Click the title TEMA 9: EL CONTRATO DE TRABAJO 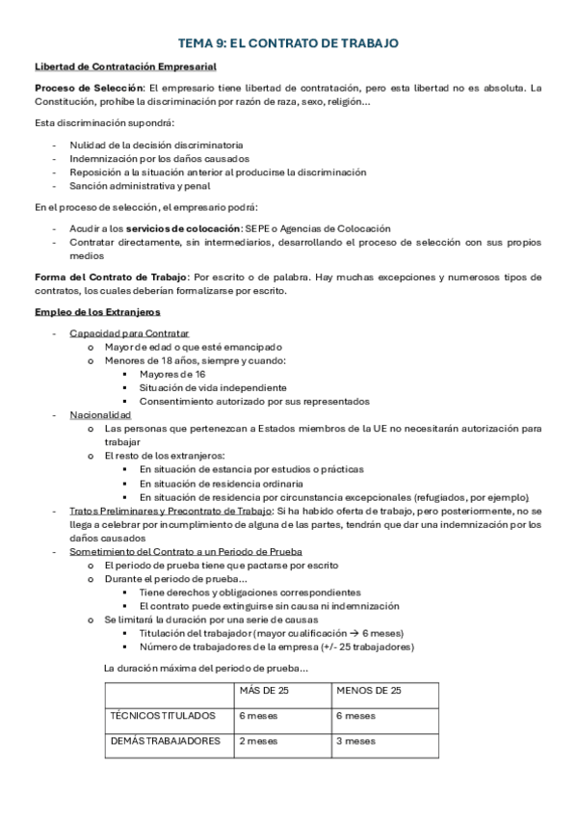pos(288,43)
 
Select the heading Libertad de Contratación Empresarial pos(125,66)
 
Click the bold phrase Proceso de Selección pos(80,88)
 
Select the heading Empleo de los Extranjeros pos(97,312)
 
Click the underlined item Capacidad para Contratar pos(129,333)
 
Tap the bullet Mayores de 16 pos(171,374)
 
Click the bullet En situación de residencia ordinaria pos(222,483)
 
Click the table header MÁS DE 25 pos(263,691)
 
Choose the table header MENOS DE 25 pos(369,691)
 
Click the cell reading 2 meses pos(259,741)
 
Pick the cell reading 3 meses pos(355,741)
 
